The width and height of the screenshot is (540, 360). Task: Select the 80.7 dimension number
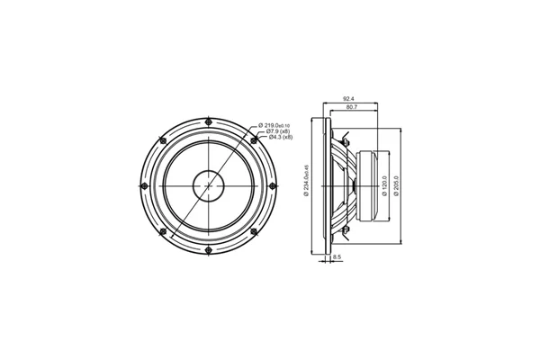click(x=355, y=109)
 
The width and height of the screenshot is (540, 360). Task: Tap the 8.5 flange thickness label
click(x=337, y=258)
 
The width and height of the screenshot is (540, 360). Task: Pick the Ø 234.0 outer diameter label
click(x=307, y=179)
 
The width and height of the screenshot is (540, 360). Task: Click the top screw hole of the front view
click(x=209, y=122)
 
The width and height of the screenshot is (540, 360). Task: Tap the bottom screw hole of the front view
click(x=209, y=249)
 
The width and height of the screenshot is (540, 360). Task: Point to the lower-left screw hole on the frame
click(x=163, y=230)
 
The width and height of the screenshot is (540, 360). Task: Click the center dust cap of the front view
click(x=209, y=185)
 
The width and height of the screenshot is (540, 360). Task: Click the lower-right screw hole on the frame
click(x=255, y=230)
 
